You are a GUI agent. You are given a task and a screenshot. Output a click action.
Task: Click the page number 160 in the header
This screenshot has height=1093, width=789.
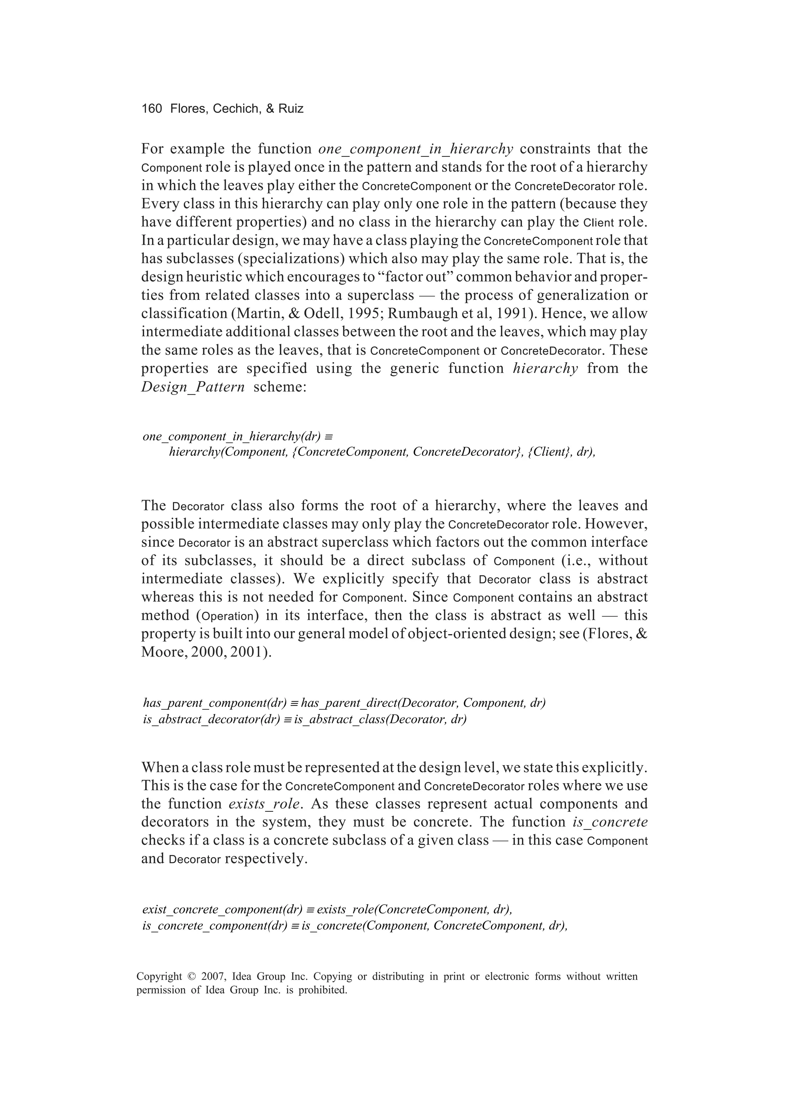151,109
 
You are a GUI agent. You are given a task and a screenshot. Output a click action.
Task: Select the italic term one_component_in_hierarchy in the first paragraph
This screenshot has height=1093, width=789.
415,149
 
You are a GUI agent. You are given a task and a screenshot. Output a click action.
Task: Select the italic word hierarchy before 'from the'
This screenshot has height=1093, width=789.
545,369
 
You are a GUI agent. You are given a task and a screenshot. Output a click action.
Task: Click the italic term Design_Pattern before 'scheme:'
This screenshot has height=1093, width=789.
193,387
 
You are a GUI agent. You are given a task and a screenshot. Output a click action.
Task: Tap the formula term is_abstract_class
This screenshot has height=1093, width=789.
339,720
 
